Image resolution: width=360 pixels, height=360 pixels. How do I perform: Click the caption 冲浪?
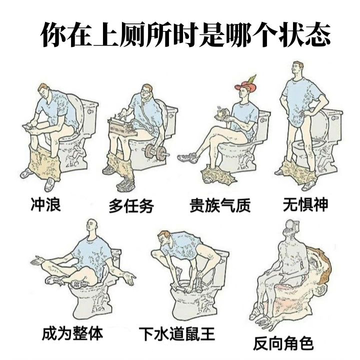coord(46,204)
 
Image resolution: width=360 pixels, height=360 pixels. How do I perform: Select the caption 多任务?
coord(131,205)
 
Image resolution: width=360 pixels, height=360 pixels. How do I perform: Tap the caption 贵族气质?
coord(220,205)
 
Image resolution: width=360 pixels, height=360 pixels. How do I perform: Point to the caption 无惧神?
coord(305,204)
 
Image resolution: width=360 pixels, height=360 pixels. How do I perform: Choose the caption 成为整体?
coord(72,333)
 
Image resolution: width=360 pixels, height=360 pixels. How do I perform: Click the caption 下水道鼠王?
coord(177,334)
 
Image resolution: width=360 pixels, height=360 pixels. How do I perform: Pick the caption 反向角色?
coord(283,343)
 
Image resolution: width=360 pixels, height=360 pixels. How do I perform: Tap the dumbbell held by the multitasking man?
coord(155,151)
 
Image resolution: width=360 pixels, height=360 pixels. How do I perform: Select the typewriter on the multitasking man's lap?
coord(121,127)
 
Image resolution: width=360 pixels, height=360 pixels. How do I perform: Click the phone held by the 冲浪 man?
coord(28,126)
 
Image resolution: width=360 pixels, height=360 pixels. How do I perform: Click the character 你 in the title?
coord(54,34)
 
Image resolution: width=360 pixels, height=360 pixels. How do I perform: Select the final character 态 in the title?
coord(317,34)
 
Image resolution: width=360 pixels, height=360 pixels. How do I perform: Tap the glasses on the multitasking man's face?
coord(145,90)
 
